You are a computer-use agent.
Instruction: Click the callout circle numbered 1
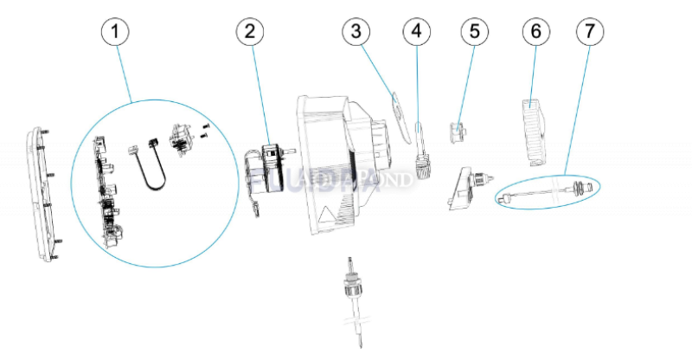click(114, 32)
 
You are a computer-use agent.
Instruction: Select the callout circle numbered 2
click(249, 32)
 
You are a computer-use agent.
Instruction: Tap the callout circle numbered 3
click(355, 32)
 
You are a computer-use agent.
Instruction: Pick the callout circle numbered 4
click(416, 32)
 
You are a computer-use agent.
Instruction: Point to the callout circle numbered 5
click(474, 32)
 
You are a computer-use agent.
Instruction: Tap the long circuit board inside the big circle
click(108, 190)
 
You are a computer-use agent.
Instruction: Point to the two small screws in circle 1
click(205, 132)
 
